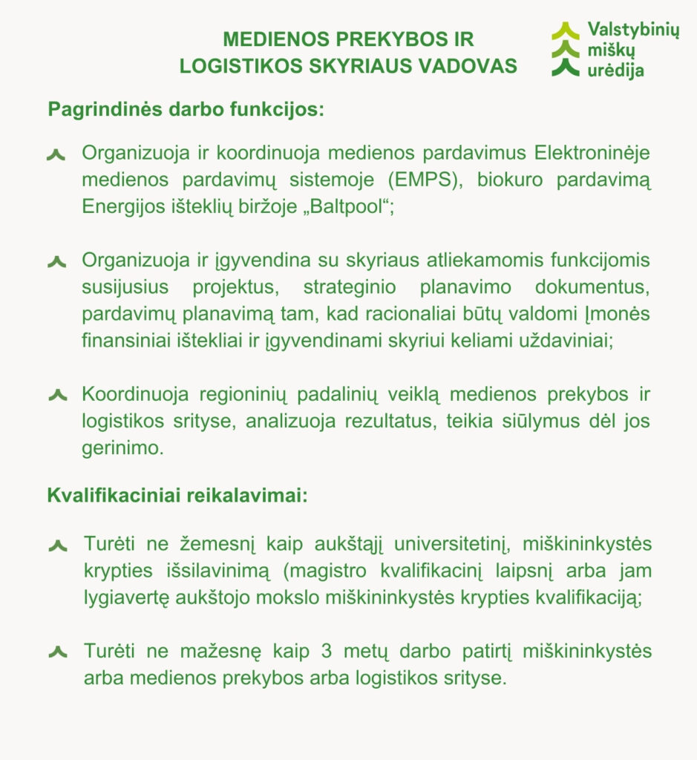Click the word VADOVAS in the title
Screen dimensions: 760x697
pos(468,65)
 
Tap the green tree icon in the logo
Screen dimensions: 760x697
pos(565,49)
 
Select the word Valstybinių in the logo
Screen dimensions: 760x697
pos(632,30)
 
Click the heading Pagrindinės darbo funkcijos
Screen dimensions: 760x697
pos(186,109)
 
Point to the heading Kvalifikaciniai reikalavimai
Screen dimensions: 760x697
pos(177,495)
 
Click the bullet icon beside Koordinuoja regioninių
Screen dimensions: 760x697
pos(57,395)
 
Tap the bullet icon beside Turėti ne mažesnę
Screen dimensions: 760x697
pos(58,652)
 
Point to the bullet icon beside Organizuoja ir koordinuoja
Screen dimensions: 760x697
pos(57,154)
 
